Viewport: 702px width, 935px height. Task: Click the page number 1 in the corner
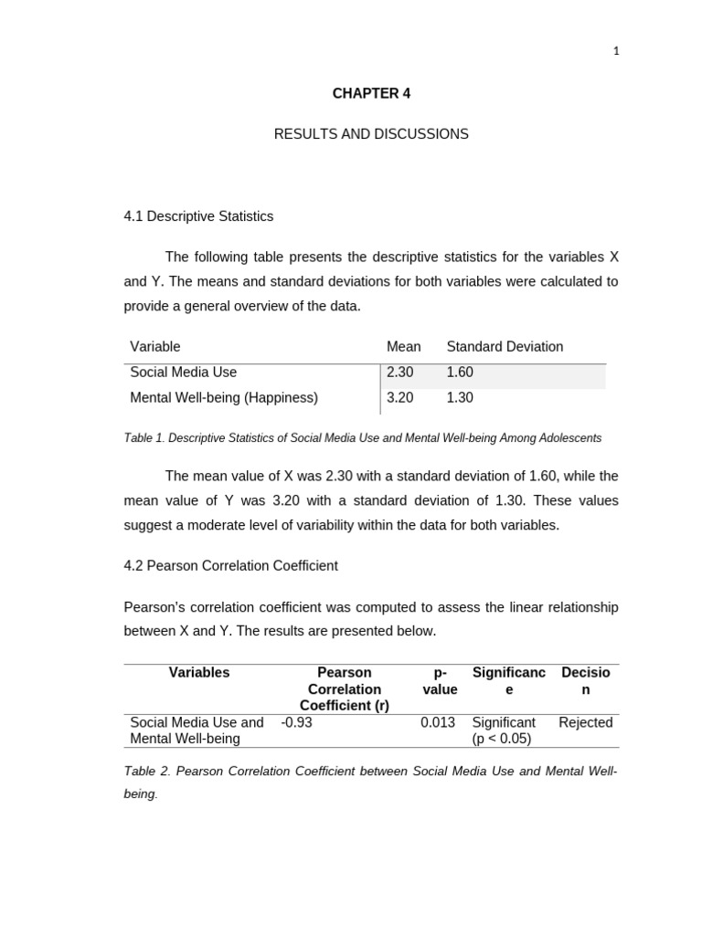click(x=616, y=51)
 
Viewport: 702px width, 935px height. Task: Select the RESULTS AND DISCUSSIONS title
click(x=371, y=134)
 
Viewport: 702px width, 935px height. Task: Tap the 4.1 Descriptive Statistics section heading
click(x=198, y=216)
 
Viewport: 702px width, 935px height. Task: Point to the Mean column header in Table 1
click(x=403, y=347)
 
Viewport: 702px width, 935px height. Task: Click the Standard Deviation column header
click(x=505, y=347)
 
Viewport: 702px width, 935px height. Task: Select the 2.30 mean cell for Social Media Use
click(x=400, y=373)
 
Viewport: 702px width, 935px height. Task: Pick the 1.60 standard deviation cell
click(x=460, y=373)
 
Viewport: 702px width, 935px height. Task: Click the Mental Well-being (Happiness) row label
click(x=224, y=398)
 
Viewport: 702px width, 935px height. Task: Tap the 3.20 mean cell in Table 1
click(x=400, y=398)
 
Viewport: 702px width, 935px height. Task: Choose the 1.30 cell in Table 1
click(x=460, y=398)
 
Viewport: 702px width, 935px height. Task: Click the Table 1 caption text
click(x=362, y=438)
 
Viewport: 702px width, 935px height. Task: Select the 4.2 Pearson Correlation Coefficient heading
click(x=230, y=566)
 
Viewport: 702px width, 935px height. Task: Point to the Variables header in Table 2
click(x=199, y=673)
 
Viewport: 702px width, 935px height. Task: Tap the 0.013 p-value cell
click(x=438, y=722)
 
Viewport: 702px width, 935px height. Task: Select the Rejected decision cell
click(x=585, y=722)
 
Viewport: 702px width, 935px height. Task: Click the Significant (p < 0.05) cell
click(x=503, y=730)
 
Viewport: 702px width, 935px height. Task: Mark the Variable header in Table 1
click(x=155, y=347)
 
